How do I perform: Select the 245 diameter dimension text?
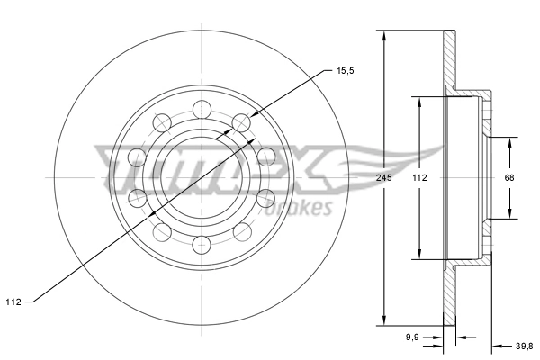coord(383,178)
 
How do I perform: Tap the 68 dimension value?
coord(508,178)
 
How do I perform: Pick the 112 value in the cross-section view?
coord(419,178)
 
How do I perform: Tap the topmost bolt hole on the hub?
coord(203,110)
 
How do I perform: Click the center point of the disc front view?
coord(203,177)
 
